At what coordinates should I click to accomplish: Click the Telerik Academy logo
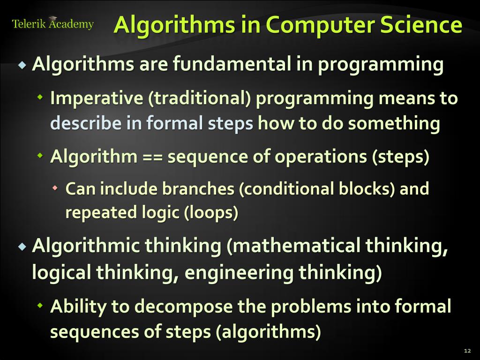[x=52, y=24]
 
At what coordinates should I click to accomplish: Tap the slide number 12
[x=466, y=351]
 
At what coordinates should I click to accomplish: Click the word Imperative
[x=96, y=98]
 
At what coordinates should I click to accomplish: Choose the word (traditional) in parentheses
[x=200, y=98]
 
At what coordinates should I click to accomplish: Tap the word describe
[x=84, y=123]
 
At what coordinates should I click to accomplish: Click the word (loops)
[x=211, y=212]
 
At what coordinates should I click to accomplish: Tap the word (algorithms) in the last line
[x=268, y=332]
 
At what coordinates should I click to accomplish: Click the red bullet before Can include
[x=55, y=188]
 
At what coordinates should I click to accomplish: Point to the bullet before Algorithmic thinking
[x=22, y=247]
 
